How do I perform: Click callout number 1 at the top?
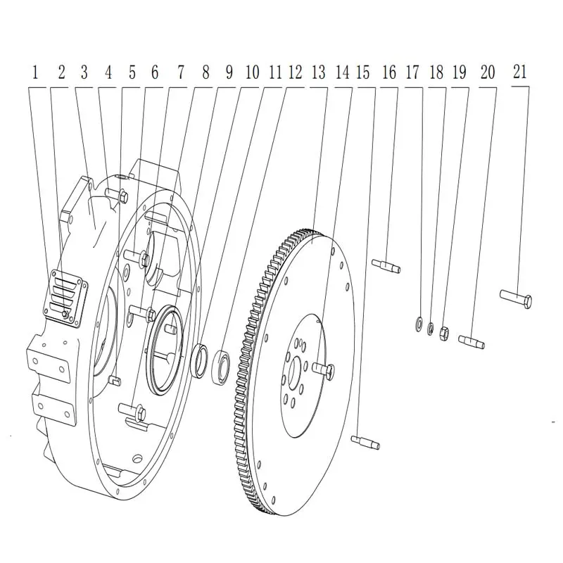tap(34, 72)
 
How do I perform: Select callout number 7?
tap(181, 72)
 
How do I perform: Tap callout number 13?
tap(319, 72)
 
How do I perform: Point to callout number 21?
tap(519, 72)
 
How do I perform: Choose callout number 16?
tap(389, 72)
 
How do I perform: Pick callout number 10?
tap(252, 72)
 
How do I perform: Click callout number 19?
tap(460, 72)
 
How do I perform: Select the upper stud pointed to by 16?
tap(386, 266)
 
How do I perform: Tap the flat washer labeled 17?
tap(418, 324)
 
